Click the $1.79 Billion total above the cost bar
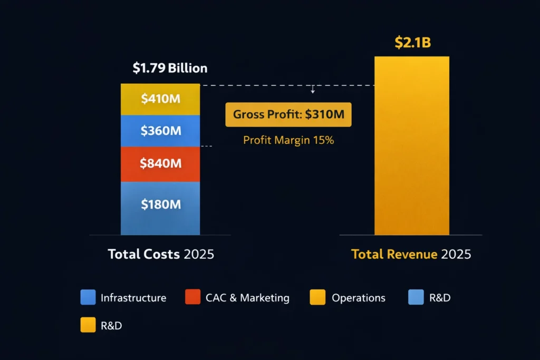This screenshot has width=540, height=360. pos(169,68)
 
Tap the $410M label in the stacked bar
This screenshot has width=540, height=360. pos(161,99)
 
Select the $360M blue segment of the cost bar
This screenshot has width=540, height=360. pos(161,131)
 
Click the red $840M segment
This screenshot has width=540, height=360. pos(161,163)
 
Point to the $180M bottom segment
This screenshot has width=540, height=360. pos(161,205)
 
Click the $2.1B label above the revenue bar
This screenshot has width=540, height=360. pos(412,42)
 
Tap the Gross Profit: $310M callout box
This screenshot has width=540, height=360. pos(288,114)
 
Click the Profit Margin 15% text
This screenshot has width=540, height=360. pos(288,140)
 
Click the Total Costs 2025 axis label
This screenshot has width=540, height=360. pos(161,254)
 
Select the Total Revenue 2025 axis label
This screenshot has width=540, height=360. pos(411,254)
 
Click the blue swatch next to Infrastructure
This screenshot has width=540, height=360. pos(88,297)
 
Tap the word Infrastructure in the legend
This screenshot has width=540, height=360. pos(133,298)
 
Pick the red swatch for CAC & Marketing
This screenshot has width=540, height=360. pos(192,297)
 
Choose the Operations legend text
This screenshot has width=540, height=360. pos(358,298)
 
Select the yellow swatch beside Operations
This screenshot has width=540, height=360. pos(317,297)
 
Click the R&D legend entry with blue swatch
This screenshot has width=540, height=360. pos(430,298)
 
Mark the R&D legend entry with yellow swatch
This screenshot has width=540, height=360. pos(101,326)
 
